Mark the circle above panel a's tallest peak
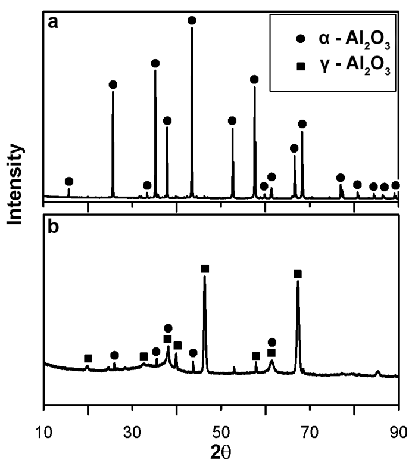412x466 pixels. pos(192,21)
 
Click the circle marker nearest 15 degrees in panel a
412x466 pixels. pos(69,181)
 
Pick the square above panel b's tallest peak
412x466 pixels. pos(205,269)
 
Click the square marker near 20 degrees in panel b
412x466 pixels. pos(88,358)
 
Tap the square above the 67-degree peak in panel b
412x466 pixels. pos(298,274)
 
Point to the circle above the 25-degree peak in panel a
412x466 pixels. pos(113,85)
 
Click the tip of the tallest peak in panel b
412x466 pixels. pos(205,278)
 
